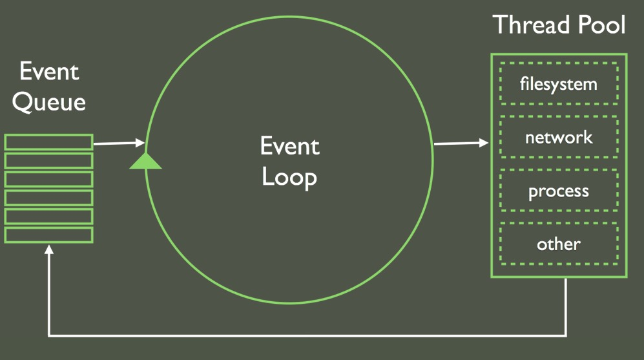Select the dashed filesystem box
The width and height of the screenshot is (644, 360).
point(559,84)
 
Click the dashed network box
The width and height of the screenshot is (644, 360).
point(559,138)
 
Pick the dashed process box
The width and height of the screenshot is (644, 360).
point(559,191)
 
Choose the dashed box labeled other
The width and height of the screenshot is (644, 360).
point(559,244)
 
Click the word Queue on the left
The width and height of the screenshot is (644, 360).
point(49,101)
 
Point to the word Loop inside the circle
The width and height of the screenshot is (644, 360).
point(289,176)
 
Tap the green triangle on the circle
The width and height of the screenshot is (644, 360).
point(145,160)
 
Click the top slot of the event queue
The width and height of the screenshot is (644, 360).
point(49,142)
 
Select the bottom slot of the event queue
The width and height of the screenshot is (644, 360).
point(49,234)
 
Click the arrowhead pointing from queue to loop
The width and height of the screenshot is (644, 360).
point(140,142)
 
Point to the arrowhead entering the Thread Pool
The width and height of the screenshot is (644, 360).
point(484,142)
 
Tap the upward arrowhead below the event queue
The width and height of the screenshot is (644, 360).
point(49,249)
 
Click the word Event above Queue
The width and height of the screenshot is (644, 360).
point(49,71)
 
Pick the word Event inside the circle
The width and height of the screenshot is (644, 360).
point(289,146)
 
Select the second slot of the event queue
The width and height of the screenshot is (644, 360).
point(49,160)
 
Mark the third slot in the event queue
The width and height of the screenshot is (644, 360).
point(49,179)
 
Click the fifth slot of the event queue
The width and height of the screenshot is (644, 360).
point(49,216)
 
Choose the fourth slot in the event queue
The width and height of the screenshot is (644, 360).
point(49,197)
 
